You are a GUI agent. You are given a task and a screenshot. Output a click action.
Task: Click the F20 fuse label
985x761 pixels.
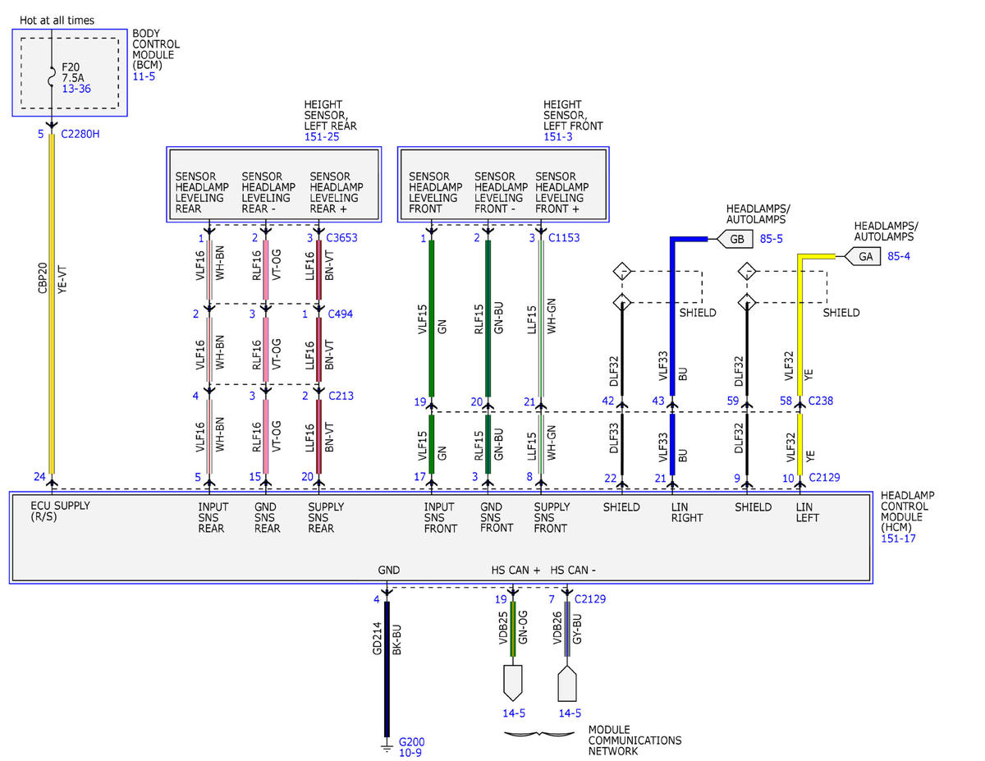pos(71,67)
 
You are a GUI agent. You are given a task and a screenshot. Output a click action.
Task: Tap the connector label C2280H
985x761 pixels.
pos(80,134)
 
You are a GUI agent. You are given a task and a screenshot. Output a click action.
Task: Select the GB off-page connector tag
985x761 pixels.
pos(735,239)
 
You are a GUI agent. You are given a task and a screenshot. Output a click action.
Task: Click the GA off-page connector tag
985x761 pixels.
pos(862,256)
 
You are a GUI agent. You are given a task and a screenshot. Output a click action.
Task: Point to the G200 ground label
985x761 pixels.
pos(411,742)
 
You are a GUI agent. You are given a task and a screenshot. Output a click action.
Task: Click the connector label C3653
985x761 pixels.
pos(341,237)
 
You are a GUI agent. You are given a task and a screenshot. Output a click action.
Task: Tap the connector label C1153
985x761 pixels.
pos(564,237)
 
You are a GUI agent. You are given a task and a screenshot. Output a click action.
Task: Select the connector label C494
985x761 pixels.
pos(340,314)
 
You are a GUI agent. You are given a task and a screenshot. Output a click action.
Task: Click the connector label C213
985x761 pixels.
pos(341,396)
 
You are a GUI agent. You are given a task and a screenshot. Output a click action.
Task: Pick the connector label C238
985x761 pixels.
pos(821,401)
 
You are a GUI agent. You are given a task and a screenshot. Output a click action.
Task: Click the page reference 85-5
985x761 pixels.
pos(771,239)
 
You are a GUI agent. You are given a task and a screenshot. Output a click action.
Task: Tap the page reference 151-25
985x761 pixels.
pos(322,137)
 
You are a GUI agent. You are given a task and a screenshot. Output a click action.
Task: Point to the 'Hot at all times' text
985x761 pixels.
pos(57,21)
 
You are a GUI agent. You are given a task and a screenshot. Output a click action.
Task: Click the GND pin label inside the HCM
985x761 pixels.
pos(388,570)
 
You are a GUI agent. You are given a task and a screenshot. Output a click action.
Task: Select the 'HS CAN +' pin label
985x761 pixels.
pos(515,570)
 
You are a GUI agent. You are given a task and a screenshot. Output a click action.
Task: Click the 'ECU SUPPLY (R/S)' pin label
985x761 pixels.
pos(60,511)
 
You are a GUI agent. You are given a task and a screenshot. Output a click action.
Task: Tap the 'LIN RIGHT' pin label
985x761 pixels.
pos(687,512)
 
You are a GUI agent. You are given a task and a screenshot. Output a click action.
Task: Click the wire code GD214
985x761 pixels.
pos(377,638)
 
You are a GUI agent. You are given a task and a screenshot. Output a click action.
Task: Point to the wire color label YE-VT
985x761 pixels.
pos(62,280)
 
